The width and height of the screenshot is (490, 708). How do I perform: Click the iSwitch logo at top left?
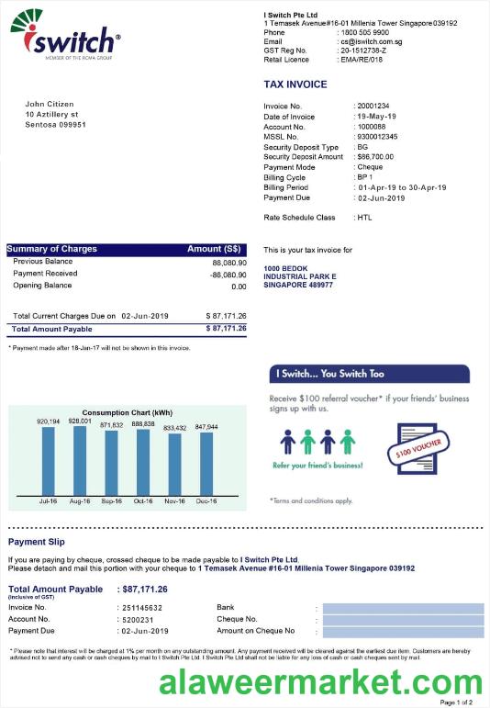tap(64, 36)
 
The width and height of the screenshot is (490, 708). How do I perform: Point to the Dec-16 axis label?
tap(206, 501)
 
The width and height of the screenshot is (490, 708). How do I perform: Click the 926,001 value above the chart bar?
tap(80, 421)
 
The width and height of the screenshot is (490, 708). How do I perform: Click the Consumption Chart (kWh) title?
tap(127, 412)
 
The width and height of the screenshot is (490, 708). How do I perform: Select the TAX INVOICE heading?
tap(295, 84)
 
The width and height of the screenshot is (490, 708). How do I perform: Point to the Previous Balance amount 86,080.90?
tap(228, 263)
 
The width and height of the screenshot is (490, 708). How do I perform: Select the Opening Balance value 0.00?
tap(239, 287)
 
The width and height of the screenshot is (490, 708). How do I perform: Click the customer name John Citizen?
tap(50, 104)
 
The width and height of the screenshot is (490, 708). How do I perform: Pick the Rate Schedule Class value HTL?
tap(364, 218)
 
